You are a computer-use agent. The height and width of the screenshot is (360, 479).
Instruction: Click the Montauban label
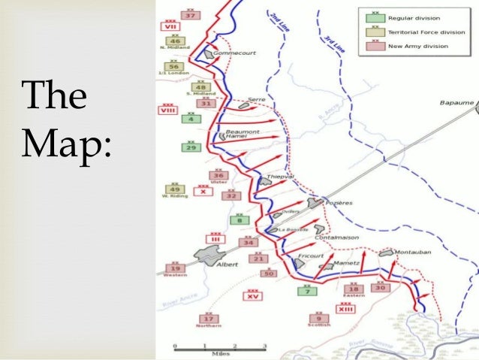(x=414, y=253)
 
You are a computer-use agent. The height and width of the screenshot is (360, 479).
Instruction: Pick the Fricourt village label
(x=310, y=256)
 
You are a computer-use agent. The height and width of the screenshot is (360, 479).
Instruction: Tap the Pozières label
(x=338, y=202)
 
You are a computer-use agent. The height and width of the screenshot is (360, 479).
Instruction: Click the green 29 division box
(x=191, y=147)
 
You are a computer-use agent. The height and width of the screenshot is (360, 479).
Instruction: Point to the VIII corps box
(x=167, y=110)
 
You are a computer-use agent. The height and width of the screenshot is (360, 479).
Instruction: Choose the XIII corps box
(x=346, y=309)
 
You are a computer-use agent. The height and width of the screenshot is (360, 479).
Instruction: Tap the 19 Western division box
(x=176, y=268)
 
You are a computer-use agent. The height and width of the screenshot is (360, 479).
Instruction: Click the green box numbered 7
(x=306, y=291)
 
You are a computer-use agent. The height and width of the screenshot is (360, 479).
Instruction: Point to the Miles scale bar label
(x=220, y=351)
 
